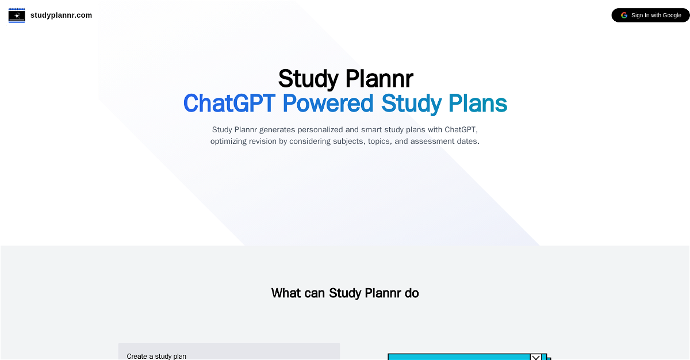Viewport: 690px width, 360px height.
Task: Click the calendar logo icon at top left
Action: (17, 16)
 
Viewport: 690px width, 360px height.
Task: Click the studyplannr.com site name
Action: (61, 16)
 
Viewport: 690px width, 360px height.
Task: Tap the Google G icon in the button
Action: (624, 16)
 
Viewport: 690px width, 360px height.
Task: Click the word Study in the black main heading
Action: (308, 79)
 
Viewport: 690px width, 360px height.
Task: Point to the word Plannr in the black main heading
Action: (379, 79)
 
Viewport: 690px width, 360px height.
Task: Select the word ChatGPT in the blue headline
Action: (229, 103)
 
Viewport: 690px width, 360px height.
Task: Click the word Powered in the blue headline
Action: (328, 103)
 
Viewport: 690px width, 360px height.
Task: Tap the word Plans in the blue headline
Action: (478, 103)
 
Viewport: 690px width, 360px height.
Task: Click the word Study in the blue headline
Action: (411, 104)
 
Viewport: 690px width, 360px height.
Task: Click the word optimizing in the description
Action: (229, 141)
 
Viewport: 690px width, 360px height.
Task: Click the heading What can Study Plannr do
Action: (345, 293)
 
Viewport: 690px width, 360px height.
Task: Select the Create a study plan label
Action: (156, 357)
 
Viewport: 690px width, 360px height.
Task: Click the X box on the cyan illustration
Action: (536, 357)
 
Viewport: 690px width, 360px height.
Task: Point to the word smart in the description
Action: (371, 129)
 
